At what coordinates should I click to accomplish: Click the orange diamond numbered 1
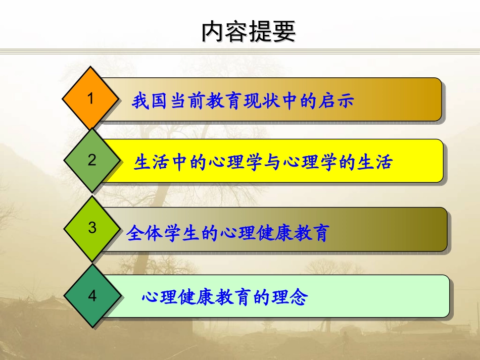91,98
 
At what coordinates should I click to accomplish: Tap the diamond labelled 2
92,160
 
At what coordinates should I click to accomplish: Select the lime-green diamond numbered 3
92,228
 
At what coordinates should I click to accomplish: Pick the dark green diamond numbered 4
92,296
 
